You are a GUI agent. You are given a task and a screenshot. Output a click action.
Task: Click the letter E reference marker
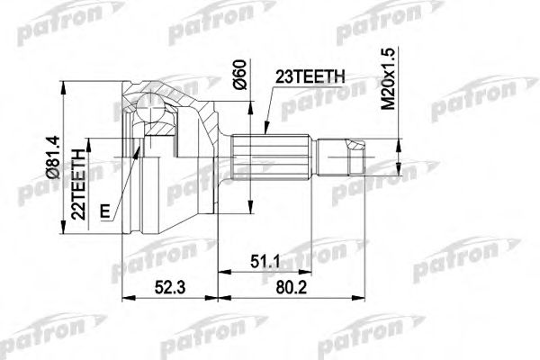pos(107,212)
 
